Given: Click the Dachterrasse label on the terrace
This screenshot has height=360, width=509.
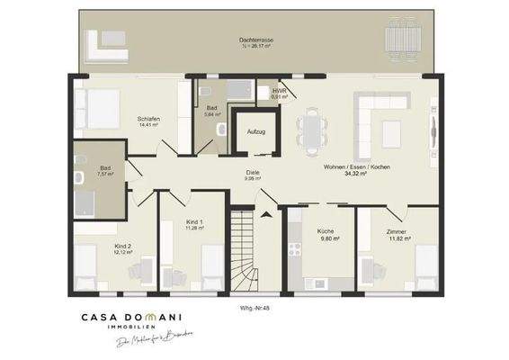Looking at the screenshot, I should pyautogui.click(x=256, y=40).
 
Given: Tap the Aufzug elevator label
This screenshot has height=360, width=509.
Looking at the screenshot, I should pyautogui.click(x=256, y=131).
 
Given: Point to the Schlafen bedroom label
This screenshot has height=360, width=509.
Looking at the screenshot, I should pyautogui.click(x=149, y=119).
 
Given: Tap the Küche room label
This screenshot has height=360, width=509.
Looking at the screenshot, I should pyautogui.click(x=326, y=231).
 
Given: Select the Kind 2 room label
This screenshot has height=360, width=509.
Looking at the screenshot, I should pyautogui.click(x=123, y=246).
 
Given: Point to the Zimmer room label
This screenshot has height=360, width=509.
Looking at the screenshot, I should pyautogui.click(x=397, y=232).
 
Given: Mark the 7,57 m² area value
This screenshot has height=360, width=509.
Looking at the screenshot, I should pyautogui.click(x=106, y=174).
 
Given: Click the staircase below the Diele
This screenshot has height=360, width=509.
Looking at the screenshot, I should pyautogui.click(x=244, y=252).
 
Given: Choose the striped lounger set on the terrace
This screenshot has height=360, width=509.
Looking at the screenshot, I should pyautogui.click(x=401, y=39).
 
